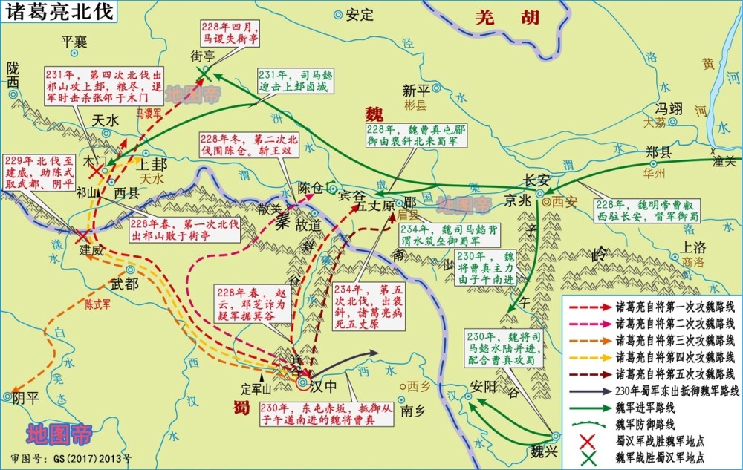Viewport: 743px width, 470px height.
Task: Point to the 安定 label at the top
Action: (x=360, y=14)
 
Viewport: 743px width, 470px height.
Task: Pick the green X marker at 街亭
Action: (x=206, y=71)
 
